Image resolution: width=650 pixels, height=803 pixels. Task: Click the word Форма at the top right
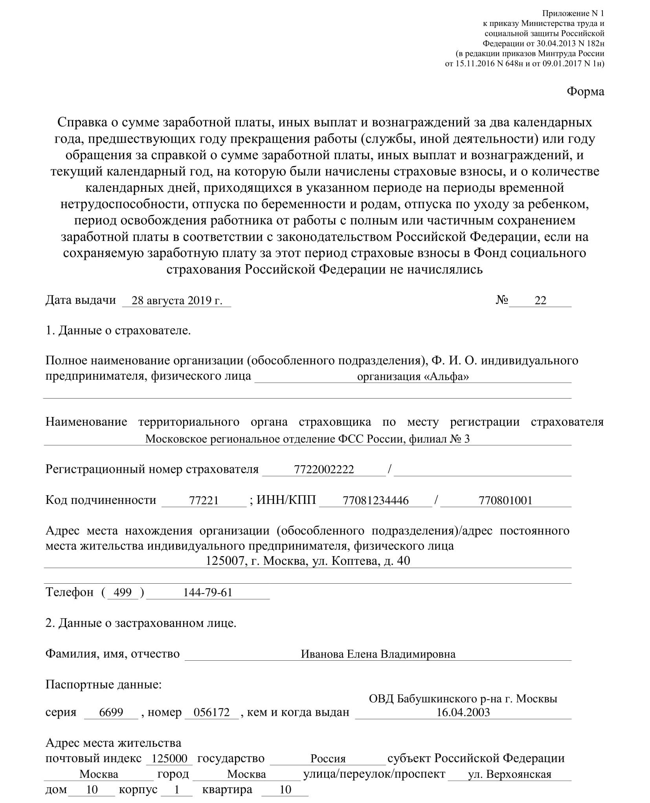click(x=585, y=92)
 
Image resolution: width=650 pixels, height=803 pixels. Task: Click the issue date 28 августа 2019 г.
click(x=177, y=301)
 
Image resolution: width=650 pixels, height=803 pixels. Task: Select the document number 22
click(x=540, y=300)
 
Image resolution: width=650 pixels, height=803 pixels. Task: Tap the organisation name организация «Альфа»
click(x=413, y=377)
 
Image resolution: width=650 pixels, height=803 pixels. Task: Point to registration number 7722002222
click(x=324, y=469)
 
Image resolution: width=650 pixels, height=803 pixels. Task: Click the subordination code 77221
click(x=204, y=500)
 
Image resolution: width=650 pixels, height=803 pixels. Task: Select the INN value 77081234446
click(x=376, y=500)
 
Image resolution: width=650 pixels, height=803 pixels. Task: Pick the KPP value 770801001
click(x=505, y=500)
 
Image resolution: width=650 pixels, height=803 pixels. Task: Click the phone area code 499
click(x=122, y=592)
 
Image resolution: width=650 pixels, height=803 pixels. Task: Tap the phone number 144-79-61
click(x=208, y=592)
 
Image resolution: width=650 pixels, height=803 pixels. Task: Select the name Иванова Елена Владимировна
click(x=378, y=654)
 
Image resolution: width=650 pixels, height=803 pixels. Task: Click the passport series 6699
click(x=111, y=713)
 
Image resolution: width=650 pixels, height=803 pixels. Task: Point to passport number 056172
click(x=212, y=713)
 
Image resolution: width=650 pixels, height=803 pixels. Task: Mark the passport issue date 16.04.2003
click(x=463, y=713)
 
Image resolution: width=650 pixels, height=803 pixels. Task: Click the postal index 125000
click(x=169, y=759)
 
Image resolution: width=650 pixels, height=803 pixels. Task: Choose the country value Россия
click(x=328, y=759)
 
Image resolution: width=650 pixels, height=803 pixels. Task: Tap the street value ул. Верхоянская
click(x=510, y=774)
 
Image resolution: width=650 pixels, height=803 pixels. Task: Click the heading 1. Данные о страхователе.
click(x=118, y=331)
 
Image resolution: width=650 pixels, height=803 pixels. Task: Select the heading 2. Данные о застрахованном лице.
click(x=141, y=623)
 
